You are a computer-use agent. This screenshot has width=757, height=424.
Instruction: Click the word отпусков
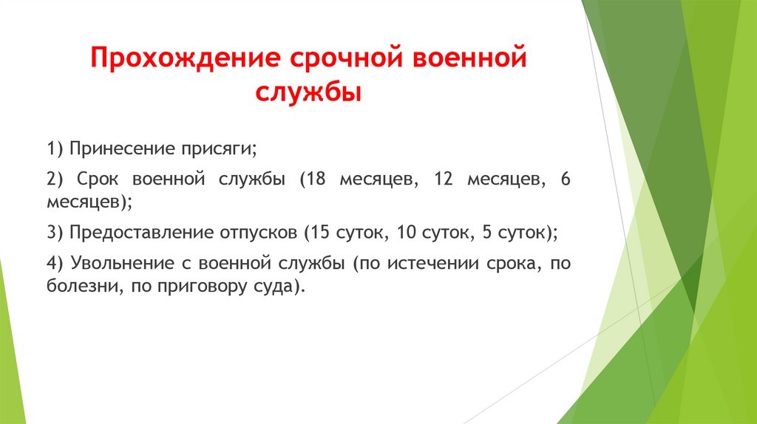[x=259, y=233]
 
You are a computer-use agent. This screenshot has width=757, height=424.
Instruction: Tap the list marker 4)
[x=55, y=264]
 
